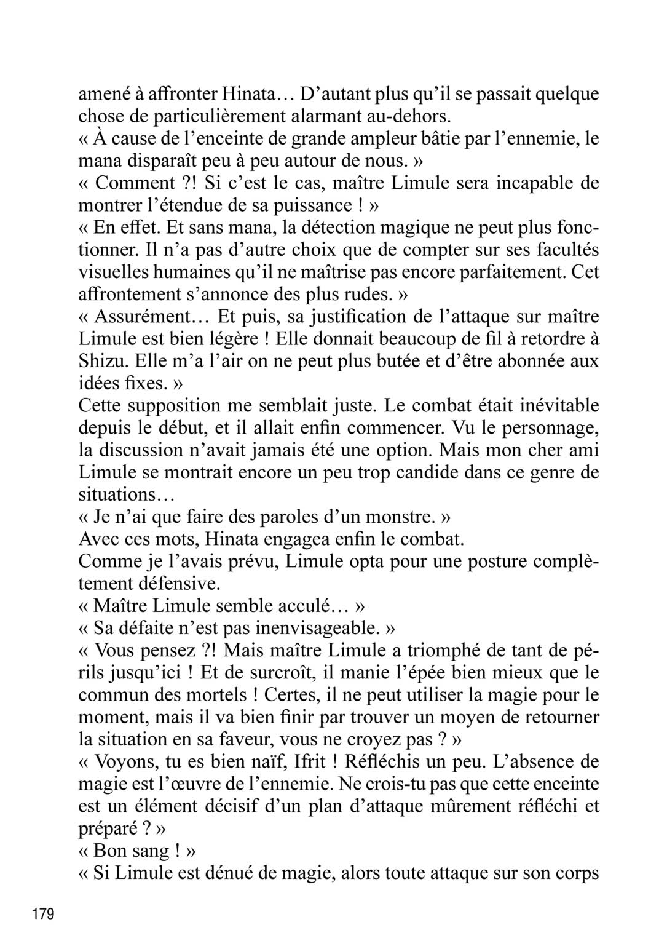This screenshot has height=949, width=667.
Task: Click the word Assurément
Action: click(x=143, y=317)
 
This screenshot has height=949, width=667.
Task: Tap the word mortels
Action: click(x=215, y=695)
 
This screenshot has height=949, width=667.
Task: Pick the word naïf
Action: click(x=256, y=762)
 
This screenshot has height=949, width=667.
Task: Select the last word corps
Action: click(x=574, y=874)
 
